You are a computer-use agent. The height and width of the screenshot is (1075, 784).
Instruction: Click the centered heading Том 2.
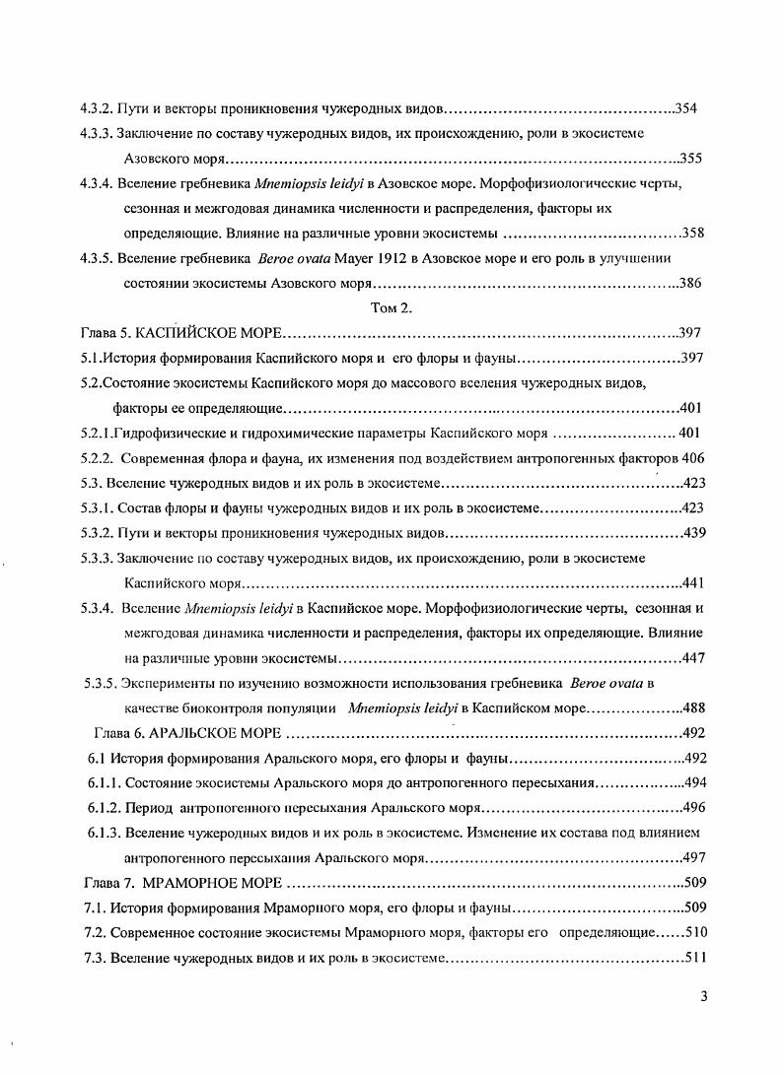coord(391,308)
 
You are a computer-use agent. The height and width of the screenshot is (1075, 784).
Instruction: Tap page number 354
coord(686,108)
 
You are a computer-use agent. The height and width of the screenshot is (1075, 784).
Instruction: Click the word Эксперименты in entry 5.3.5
coord(171,683)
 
